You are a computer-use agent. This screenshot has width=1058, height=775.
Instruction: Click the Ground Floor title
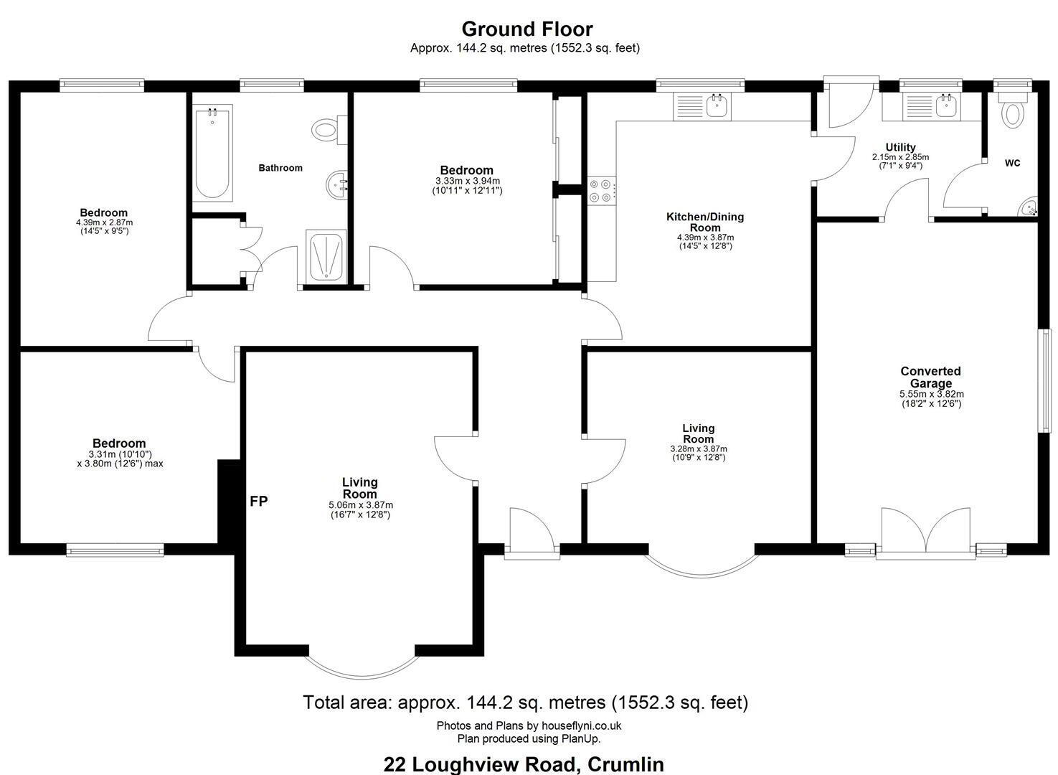(x=527, y=29)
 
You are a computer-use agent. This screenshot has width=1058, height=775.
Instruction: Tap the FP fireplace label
(x=259, y=501)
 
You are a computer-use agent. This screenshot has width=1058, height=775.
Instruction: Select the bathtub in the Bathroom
(x=212, y=153)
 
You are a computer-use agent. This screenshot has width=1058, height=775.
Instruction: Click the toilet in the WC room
(x=1012, y=112)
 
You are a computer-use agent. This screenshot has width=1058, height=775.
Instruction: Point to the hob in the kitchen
(x=601, y=191)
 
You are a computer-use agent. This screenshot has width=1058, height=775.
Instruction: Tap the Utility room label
(x=901, y=147)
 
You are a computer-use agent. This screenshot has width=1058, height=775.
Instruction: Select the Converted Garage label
(x=930, y=377)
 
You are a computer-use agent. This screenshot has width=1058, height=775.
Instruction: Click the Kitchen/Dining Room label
(x=705, y=222)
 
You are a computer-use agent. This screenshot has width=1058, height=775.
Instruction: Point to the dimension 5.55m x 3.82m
(x=932, y=394)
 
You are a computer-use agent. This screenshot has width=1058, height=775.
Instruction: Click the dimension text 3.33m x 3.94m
(x=468, y=181)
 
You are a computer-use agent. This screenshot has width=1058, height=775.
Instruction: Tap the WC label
(x=1012, y=163)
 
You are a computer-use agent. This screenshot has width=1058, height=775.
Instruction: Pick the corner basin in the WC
(x=1029, y=207)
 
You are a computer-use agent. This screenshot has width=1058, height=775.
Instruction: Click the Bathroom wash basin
(x=337, y=184)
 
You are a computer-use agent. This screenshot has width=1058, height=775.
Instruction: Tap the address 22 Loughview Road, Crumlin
(x=524, y=764)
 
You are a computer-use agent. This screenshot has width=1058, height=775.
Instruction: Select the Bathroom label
(x=280, y=168)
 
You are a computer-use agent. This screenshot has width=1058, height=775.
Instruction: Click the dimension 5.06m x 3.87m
(x=361, y=505)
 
